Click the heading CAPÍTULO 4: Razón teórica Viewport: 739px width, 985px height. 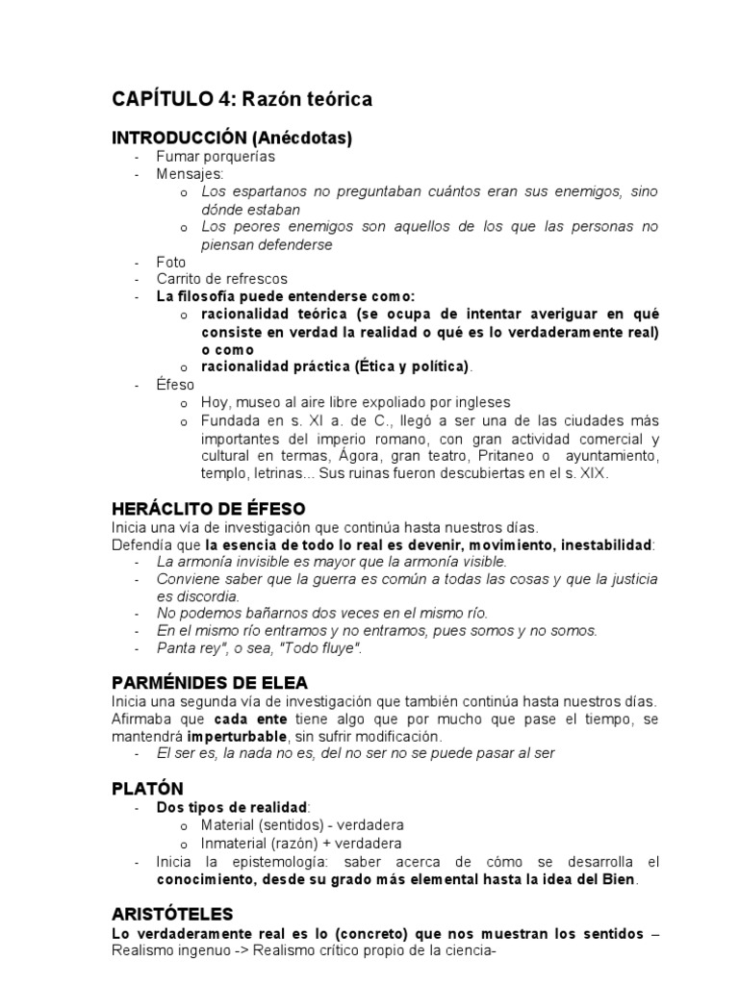[242, 99]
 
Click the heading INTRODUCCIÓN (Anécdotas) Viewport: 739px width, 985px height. [232, 139]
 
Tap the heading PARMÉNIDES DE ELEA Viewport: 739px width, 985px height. [210, 682]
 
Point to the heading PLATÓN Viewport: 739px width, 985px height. [148, 788]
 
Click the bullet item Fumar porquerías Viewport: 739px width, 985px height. [216, 156]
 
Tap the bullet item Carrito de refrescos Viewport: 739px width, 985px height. [222, 279]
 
